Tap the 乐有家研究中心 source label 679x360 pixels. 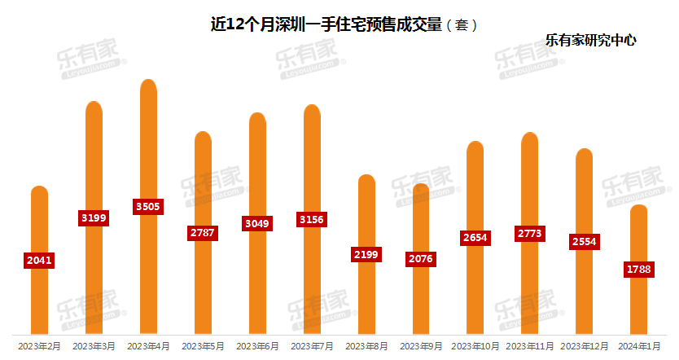(590, 38)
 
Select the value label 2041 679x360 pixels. (40, 261)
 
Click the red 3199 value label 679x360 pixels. (94, 217)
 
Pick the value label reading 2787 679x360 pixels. (203, 233)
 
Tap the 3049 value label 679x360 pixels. (257, 223)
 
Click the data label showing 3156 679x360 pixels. (312, 220)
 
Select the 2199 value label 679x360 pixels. (366, 254)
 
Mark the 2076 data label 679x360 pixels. (421, 259)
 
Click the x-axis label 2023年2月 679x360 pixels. (38, 346)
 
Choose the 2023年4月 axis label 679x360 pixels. (148, 346)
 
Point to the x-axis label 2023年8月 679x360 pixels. (366, 346)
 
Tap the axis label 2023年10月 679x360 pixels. (475, 346)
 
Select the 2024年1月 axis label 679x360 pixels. (639, 346)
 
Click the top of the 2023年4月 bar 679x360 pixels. (148, 82)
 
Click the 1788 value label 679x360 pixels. (639, 270)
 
